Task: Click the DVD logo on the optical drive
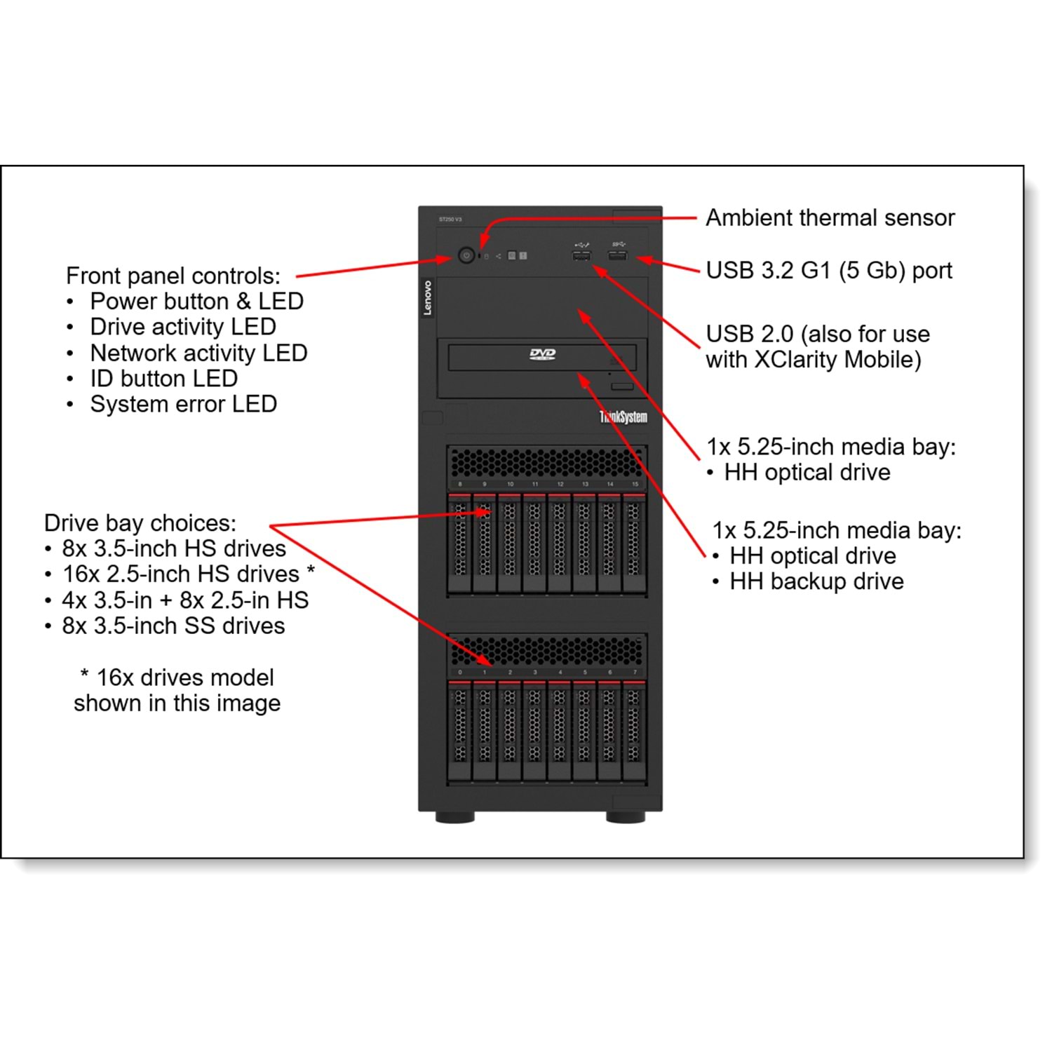(542, 354)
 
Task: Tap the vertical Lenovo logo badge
(427, 297)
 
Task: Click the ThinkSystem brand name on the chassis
(623, 417)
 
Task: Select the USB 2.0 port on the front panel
(581, 256)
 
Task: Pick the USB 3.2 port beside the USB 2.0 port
(617, 255)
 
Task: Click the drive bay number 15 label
(635, 484)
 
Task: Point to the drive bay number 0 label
(460, 672)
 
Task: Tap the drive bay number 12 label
(560, 484)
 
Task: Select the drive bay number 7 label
(635, 672)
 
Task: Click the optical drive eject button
(621, 386)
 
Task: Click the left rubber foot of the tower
(454, 817)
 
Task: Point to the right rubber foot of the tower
(626, 817)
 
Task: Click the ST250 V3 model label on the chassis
(450, 220)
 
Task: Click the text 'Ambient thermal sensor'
(830, 218)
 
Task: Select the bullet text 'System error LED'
(183, 404)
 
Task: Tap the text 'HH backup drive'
(816, 581)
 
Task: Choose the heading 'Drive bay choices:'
(140, 523)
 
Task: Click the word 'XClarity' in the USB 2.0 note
(795, 360)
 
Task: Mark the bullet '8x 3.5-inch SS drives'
(173, 626)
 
